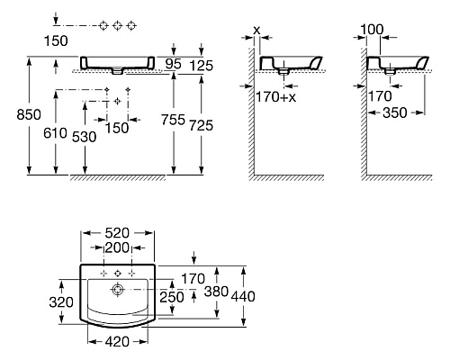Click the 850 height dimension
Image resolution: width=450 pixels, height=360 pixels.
tap(29, 114)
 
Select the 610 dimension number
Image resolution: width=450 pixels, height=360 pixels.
tap(55, 133)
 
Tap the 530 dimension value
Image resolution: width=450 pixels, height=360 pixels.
tap(85, 137)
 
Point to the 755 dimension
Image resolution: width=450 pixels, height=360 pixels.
tap(173, 120)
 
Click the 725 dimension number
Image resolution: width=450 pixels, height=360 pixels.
tap(201, 125)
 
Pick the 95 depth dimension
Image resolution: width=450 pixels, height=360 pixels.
tap(174, 64)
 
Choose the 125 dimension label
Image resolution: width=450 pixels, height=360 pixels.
tap(202, 66)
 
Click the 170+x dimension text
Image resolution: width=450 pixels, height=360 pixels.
tap(275, 97)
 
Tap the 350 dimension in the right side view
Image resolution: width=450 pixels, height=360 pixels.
tap(395, 112)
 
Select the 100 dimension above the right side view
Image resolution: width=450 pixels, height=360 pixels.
tap(372, 30)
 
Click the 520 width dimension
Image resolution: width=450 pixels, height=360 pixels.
tap(117, 233)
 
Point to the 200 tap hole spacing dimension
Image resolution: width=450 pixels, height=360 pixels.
tap(117, 247)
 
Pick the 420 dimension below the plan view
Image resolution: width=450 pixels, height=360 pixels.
tap(117, 341)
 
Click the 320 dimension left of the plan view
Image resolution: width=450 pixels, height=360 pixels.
tap(61, 302)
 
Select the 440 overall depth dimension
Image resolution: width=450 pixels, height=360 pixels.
tap(243, 296)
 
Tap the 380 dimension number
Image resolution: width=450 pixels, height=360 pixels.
tap(216, 291)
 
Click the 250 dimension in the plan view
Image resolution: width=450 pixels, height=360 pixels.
tap(172, 297)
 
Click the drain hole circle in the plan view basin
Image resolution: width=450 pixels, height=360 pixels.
tap(117, 290)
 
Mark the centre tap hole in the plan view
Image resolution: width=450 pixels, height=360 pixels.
tap(118, 273)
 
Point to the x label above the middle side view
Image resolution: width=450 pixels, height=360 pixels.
tap(256, 30)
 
